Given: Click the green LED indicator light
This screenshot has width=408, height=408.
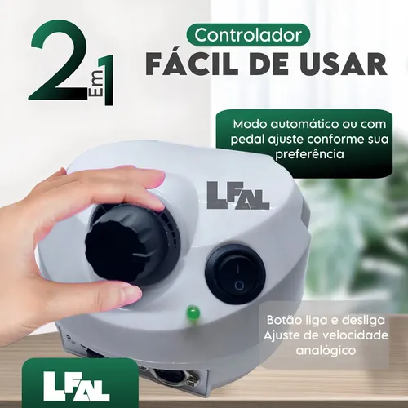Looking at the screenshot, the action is [x=193, y=312].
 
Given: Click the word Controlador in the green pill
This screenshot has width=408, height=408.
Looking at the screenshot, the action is [x=248, y=35].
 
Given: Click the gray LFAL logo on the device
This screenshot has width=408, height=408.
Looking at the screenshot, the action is [x=238, y=195].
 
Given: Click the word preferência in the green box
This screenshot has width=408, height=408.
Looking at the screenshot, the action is [x=309, y=154].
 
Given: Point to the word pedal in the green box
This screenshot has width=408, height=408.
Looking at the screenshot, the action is [x=247, y=140].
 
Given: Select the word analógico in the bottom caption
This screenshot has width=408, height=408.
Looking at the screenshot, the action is [x=326, y=351].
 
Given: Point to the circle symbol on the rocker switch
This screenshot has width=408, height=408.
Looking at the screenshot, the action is [x=239, y=286].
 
